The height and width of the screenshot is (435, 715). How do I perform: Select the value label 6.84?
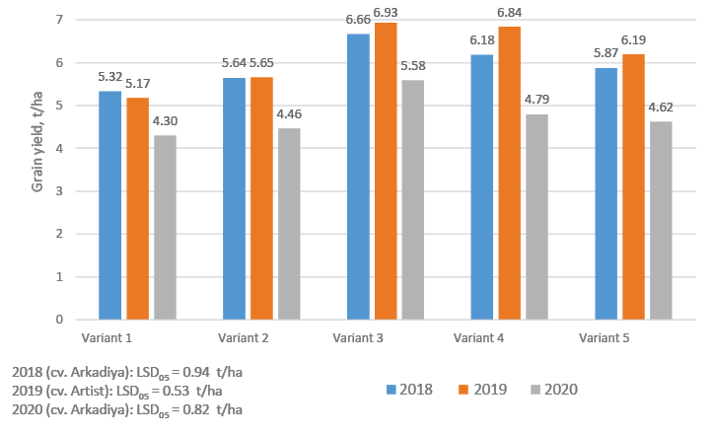510,16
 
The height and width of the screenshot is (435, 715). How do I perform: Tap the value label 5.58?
412,69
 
